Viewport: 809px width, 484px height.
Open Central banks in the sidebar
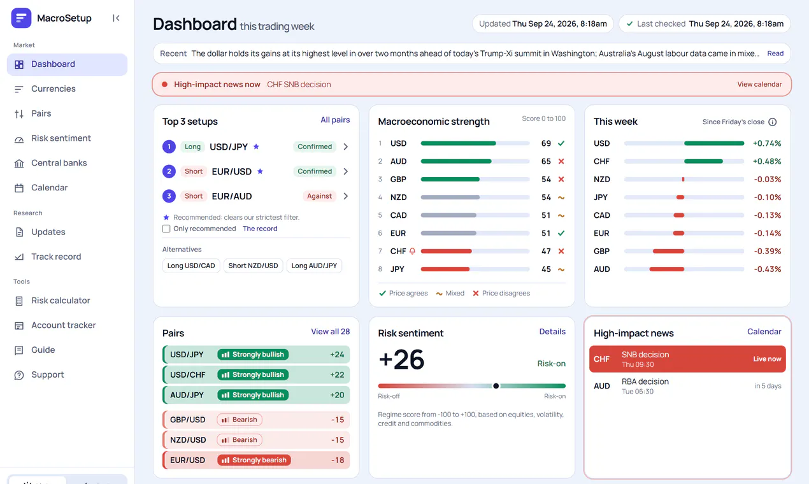click(59, 163)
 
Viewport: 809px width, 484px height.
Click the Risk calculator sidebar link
click(61, 301)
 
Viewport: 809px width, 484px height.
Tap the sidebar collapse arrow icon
click(116, 18)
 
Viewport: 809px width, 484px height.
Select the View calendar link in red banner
click(759, 84)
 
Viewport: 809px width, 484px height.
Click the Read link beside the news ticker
click(775, 53)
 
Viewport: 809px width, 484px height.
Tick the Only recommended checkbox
click(166, 229)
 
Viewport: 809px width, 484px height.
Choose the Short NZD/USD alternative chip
click(253, 266)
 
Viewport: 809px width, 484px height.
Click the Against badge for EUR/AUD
click(319, 196)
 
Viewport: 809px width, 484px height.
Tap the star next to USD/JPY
click(256, 146)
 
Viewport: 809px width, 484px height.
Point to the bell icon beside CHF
click(412, 251)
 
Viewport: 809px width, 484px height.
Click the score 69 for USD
click(546, 143)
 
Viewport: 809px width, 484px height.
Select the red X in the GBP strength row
click(561, 179)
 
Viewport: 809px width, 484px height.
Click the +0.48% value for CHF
click(767, 162)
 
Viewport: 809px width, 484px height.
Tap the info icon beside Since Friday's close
click(772, 122)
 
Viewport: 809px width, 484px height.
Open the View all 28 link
click(331, 332)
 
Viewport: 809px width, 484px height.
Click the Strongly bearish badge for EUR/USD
click(254, 460)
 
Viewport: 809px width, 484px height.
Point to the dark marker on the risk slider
click(496, 386)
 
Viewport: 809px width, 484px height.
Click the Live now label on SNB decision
click(767, 359)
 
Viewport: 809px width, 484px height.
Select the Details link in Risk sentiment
click(552, 332)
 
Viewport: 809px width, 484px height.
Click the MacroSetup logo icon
click(21, 18)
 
